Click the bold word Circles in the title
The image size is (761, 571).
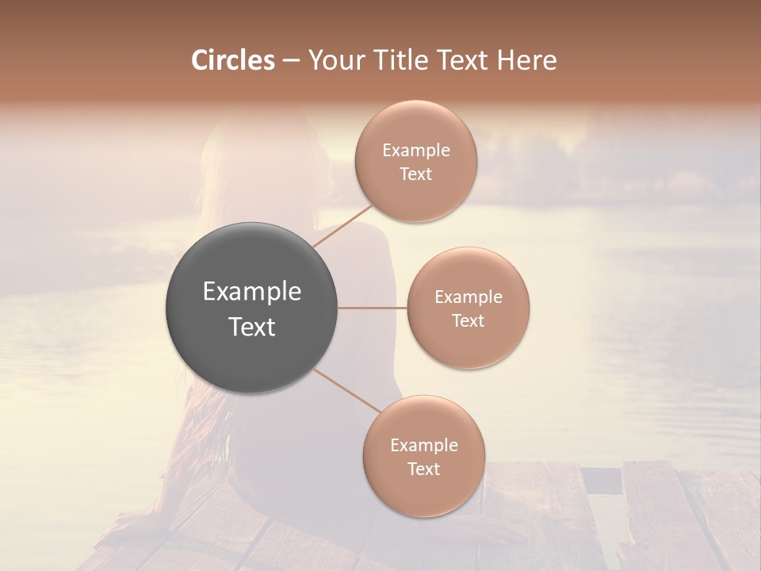pyautogui.click(x=233, y=60)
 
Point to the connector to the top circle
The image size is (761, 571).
pyautogui.click(x=343, y=226)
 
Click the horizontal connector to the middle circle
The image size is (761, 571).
pyautogui.click(x=372, y=308)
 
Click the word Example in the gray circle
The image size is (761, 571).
pyautogui.click(x=251, y=292)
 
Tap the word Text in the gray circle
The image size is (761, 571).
pyautogui.click(x=251, y=327)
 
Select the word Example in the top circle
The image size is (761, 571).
pyautogui.click(x=416, y=151)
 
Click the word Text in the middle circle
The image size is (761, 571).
pyautogui.click(x=468, y=321)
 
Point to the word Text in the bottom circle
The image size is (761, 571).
pyautogui.click(x=423, y=469)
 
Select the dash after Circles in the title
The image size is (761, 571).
pyautogui.click(x=290, y=60)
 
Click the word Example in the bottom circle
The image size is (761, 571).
pyautogui.click(x=423, y=446)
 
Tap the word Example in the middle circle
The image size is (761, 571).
pyautogui.click(x=468, y=297)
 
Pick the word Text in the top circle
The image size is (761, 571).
pyautogui.click(x=416, y=174)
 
